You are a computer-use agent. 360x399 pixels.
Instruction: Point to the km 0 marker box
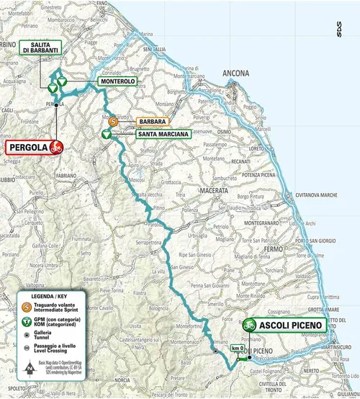[x=238, y=348]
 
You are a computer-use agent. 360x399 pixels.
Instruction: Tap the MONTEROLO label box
[x=117, y=83]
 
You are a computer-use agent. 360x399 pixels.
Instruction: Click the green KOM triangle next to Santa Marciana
[x=105, y=133]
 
